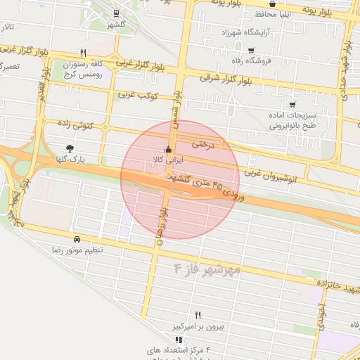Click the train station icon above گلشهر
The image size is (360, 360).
116,13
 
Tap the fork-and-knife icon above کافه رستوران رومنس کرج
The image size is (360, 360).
84,53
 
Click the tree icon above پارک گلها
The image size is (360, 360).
70,148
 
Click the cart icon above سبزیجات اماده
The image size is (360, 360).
292,105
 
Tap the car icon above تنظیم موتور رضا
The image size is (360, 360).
76,239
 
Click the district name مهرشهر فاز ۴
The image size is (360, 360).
207,269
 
